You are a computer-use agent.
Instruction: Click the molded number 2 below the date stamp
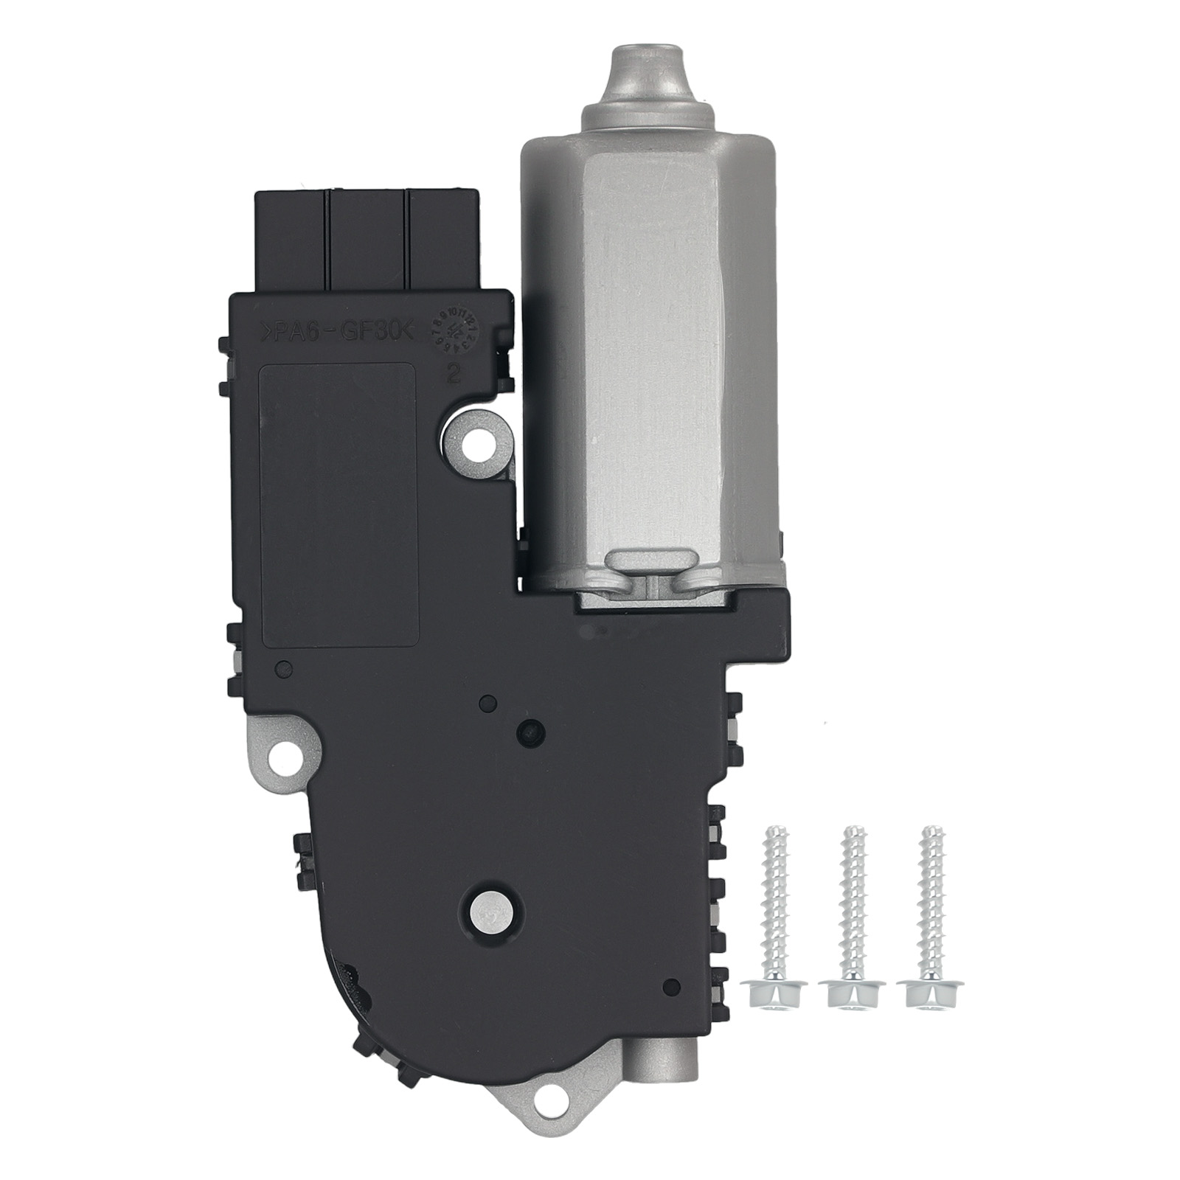coord(454,375)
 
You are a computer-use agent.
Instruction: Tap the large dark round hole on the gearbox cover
coord(530,731)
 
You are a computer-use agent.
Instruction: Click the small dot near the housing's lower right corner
coord(671,985)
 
